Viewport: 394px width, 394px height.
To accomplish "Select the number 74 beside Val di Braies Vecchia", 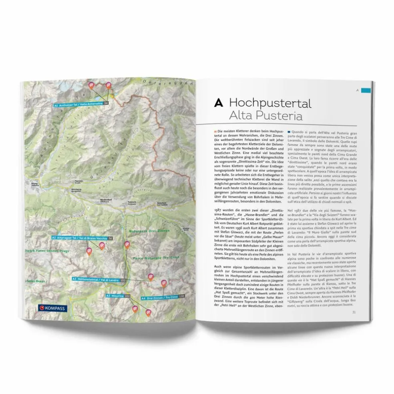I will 110,238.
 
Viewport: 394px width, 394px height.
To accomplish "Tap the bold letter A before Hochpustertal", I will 219,103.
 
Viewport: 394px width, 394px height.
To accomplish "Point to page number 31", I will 354,314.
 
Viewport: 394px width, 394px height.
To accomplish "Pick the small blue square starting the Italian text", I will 289,132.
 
